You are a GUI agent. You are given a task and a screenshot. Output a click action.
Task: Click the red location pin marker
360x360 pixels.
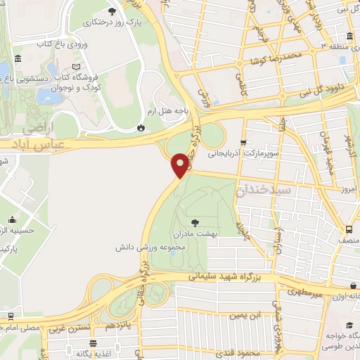pos(181,165)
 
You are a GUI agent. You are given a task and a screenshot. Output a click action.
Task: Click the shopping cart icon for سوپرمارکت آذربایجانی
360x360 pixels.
pos(244,141)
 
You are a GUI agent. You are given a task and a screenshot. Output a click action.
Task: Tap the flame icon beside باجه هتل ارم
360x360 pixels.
pos(141,128)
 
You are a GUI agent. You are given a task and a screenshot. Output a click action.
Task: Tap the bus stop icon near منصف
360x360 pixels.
pos(349,230)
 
